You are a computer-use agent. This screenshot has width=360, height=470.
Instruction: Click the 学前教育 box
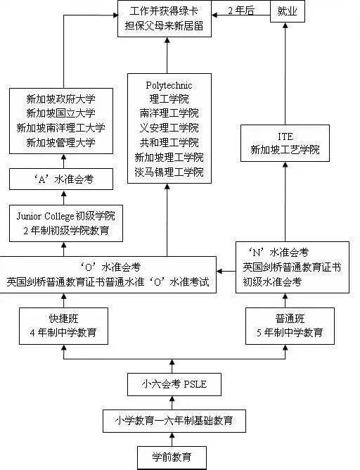point(172,457)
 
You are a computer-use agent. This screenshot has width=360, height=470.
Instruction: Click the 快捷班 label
point(64,317)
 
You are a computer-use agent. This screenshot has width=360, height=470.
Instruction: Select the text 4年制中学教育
point(64,331)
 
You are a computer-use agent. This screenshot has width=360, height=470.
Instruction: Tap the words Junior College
point(44,215)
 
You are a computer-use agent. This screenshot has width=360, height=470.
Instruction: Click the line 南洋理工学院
point(168,113)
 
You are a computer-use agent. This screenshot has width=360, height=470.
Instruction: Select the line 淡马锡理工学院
point(168,172)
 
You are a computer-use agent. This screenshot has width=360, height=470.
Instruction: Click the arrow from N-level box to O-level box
point(226,268)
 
